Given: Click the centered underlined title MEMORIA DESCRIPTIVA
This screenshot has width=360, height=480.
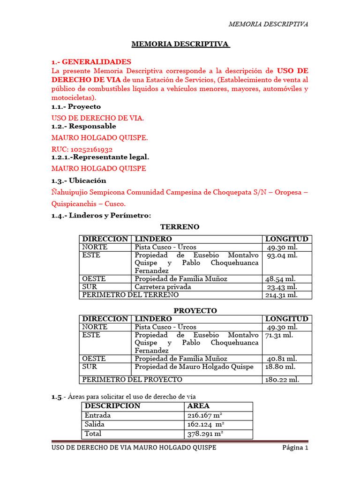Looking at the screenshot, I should [x=180, y=45].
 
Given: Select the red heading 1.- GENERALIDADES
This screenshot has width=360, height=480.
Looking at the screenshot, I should [x=91, y=62].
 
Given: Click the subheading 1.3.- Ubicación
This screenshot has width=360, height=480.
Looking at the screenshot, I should [x=79, y=180].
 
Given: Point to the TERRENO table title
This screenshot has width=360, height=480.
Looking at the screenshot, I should [x=180, y=227].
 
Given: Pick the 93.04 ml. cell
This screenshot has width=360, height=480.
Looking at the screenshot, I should [x=282, y=255].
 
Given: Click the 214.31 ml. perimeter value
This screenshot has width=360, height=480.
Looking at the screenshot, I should [x=281, y=295].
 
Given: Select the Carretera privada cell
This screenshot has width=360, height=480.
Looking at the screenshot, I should [x=163, y=287].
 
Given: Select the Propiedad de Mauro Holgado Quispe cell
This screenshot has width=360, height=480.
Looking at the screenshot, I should [x=194, y=367].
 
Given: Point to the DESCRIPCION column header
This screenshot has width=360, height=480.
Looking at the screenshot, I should [x=112, y=406].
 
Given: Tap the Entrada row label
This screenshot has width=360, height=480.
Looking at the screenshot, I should [x=98, y=415].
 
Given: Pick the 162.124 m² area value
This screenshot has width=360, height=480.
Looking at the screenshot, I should [x=205, y=425].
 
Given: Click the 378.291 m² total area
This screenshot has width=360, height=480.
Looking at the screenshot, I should [x=205, y=434].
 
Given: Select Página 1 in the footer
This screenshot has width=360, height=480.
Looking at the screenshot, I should [x=295, y=448].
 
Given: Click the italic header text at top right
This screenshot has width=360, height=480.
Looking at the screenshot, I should [x=268, y=24].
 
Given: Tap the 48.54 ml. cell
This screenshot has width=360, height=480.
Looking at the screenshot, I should [x=281, y=279].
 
